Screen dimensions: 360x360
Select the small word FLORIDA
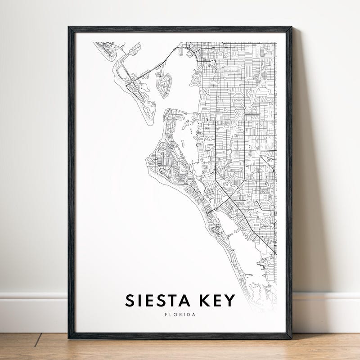coord(180,315)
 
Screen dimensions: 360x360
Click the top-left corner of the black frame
coord(69,27)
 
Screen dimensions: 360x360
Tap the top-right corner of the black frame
coord(291,27)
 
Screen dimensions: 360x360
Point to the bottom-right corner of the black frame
coord(291,338)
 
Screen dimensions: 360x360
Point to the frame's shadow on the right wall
coord(299,180)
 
